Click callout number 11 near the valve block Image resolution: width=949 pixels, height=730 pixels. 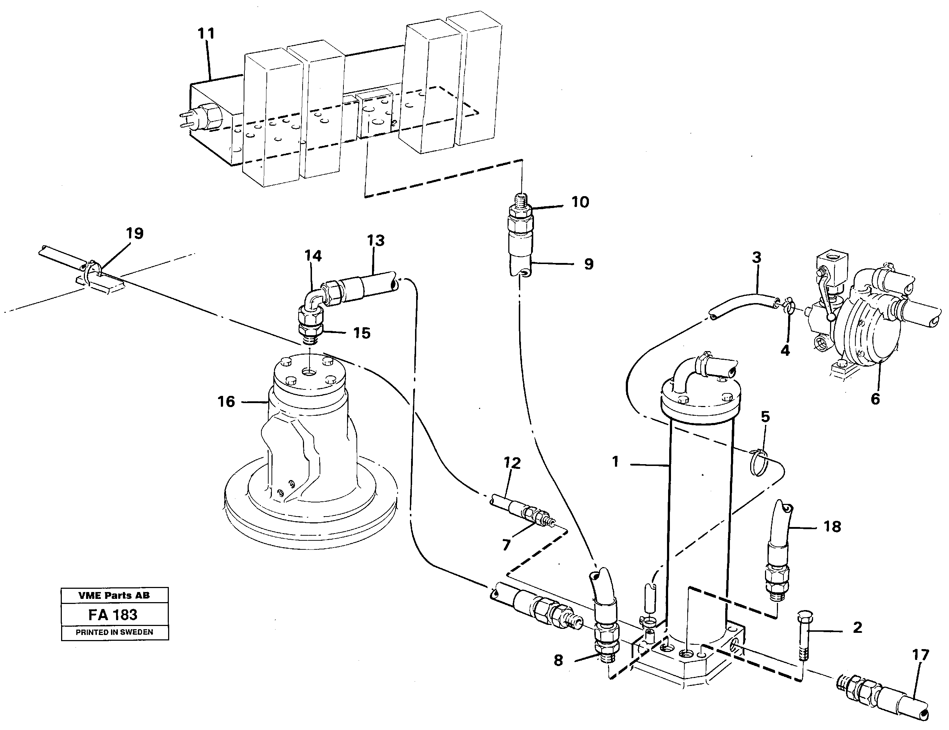(x=206, y=34)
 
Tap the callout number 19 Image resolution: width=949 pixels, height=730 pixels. (x=135, y=233)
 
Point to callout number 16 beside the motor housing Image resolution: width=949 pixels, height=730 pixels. (x=226, y=401)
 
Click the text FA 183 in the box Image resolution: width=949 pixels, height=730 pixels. (x=113, y=614)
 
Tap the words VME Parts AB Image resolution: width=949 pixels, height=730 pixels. (x=114, y=595)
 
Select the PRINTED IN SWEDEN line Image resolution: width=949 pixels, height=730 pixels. (x=114, y=632)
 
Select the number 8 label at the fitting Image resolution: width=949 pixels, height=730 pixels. (x=558, y=661)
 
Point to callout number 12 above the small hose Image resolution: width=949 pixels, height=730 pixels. (x=512, y=463)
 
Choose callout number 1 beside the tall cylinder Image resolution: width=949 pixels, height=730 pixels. (x=615, y=462)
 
